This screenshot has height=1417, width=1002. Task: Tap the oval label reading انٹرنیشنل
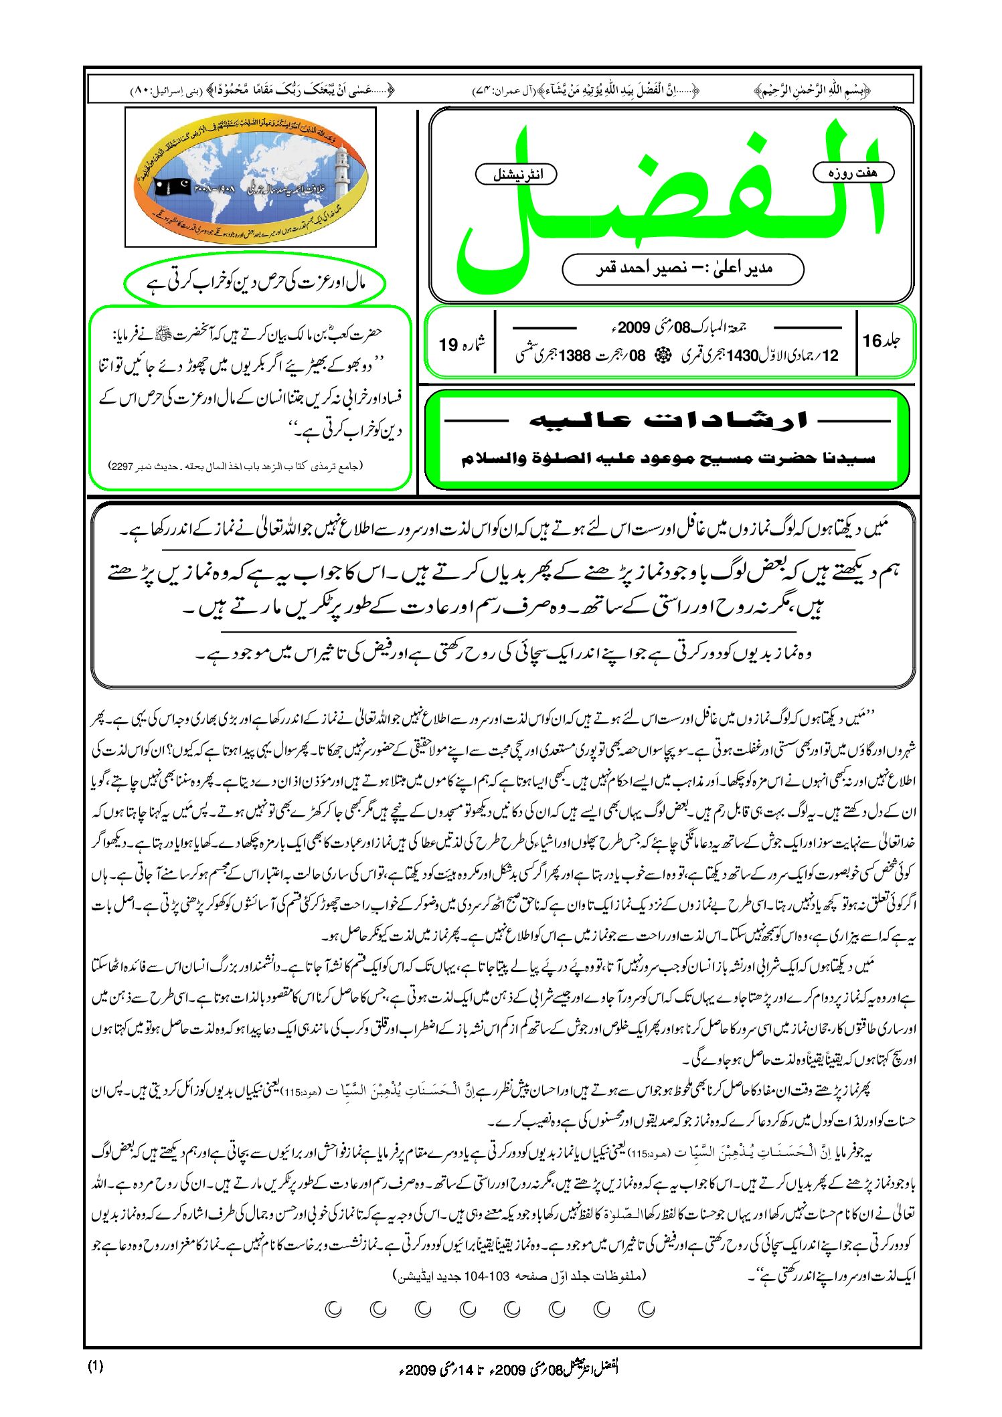(516, 175)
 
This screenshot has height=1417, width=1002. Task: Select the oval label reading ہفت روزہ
(853, 173)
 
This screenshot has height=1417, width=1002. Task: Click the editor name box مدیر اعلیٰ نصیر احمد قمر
(683, 269)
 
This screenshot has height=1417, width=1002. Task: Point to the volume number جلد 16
(880, 341)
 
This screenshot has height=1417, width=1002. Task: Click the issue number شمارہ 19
(461, 344)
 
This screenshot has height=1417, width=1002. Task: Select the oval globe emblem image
(250, 177)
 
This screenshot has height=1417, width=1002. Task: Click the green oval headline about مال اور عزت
(254, 283)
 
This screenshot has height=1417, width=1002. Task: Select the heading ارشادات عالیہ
(668, 420)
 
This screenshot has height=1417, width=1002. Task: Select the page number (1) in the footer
(96, 1366)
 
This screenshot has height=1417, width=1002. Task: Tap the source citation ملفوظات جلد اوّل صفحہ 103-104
(519, 1275)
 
